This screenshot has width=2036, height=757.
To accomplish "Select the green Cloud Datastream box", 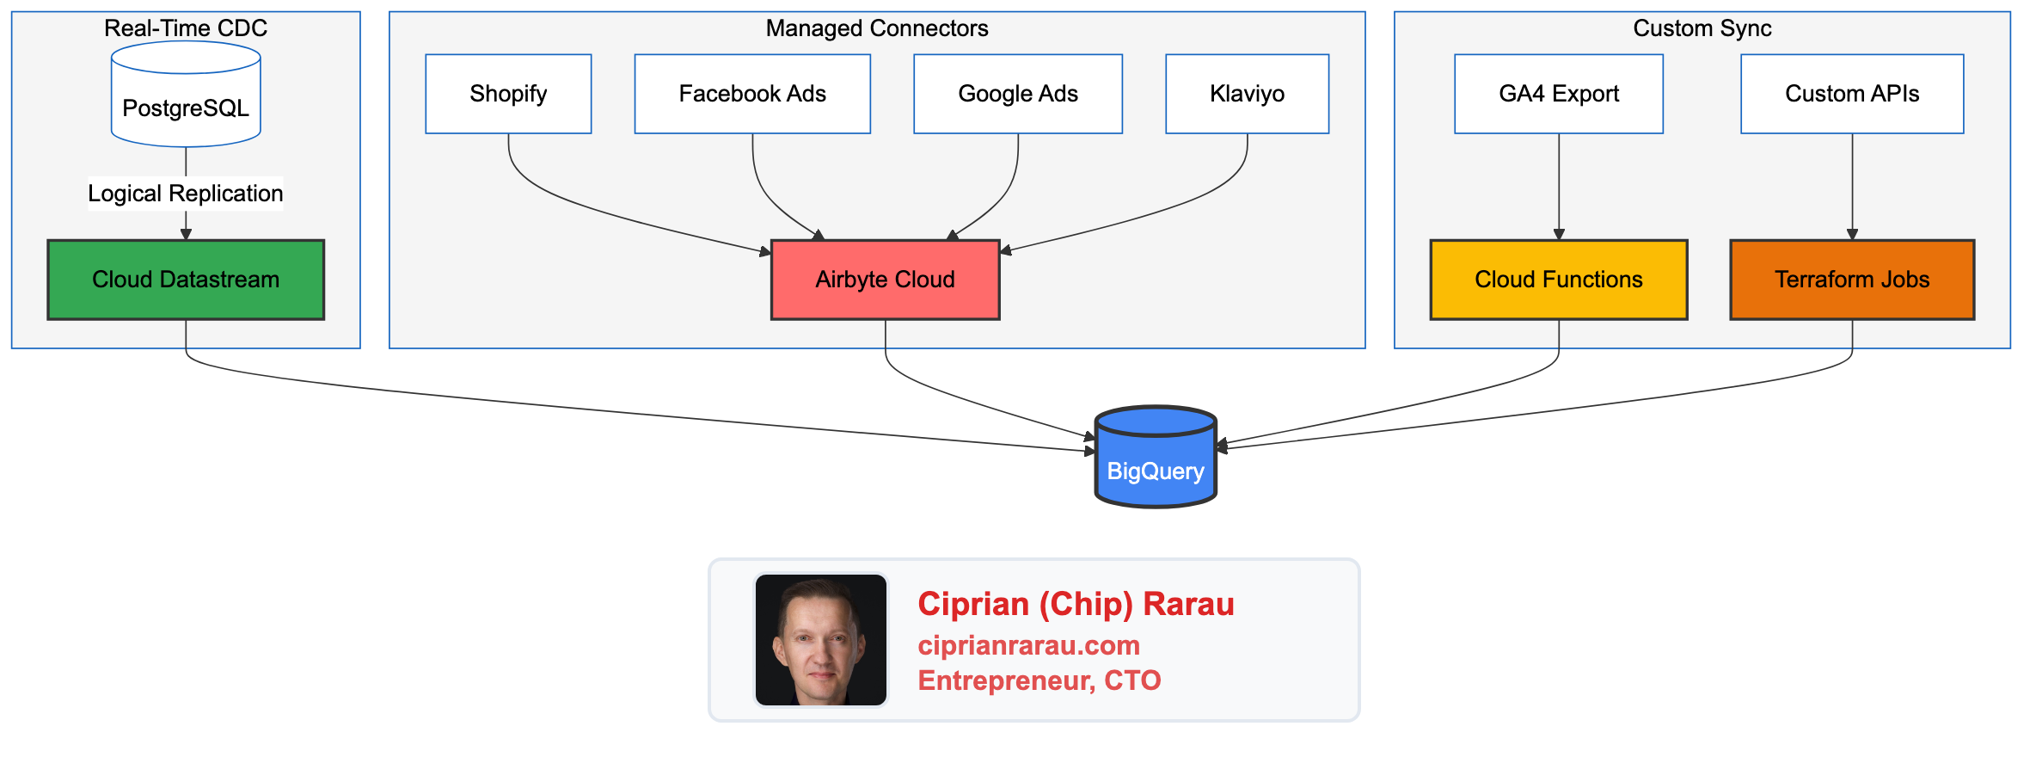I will (x=186, y=280).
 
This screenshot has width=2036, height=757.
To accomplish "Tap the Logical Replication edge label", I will (x=186, y=194).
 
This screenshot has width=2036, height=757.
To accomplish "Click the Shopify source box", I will (x=508, y=94).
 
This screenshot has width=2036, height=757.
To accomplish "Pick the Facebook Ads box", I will (x=752, y=94).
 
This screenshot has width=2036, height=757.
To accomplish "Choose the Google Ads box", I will (x=1018, y=94).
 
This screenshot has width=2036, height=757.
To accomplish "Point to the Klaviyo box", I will (x=1247, y=94).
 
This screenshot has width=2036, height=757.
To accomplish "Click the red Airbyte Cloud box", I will (x=886, y=280).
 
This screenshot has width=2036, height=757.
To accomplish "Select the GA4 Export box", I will (x=1559, y=94).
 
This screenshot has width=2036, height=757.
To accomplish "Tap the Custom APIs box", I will (x=1852, y=94).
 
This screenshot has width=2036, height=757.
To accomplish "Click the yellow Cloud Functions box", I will (x=1559, y=280).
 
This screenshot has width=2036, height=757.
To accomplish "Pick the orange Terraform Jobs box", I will (x=1852, y=280).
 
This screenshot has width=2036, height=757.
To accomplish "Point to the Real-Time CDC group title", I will (x=186, y=28).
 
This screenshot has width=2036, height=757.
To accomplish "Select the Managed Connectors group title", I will (x=877, y=28).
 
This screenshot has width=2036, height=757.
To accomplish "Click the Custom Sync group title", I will (x=1702, y=28).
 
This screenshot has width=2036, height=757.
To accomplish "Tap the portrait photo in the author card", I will (x=821, y=640).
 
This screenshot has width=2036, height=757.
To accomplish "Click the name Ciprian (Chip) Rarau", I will (x=1076, y=604).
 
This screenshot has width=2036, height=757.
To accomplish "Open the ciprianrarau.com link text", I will (x=1028, y=645).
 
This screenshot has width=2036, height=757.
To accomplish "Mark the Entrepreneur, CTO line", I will (x=1039, y=680).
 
